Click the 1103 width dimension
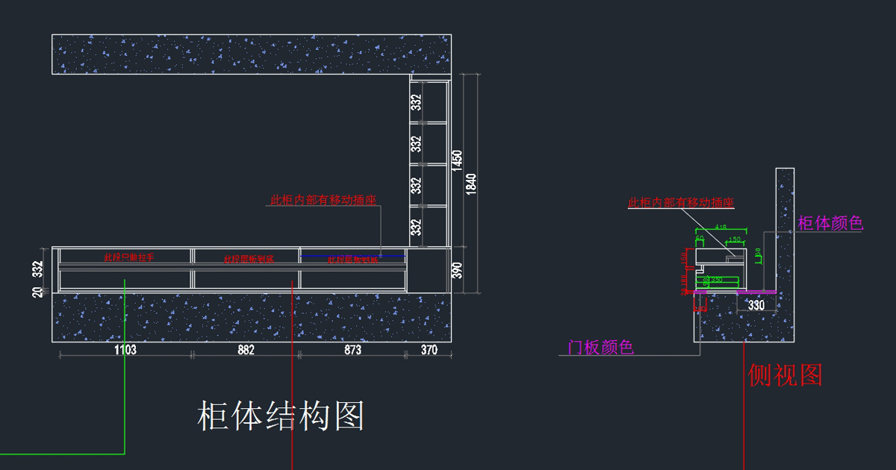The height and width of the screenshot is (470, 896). click(x=125, y=350)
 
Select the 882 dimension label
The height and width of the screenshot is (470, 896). click(x=246, y=350)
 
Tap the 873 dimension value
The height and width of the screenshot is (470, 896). click(x=352, y=350)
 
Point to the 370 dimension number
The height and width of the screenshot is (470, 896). click(x=429, y=350)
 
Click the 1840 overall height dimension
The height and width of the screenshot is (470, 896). click(x=471, y=184)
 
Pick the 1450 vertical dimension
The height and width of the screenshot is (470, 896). click(x=457, y=160)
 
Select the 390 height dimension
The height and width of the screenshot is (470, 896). click(x=456, y=270)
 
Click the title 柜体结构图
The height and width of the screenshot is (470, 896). click(x=281, y=416)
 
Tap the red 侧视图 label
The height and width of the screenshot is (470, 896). click(x=785, y=375)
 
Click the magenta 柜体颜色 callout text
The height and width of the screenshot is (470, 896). click(x=830, y=223)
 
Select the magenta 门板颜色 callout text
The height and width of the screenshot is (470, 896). click(x=600, y=348)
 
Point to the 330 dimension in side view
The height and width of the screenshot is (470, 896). click(x=756, y=305)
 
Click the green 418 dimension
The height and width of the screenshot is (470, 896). click(x=721, y=226)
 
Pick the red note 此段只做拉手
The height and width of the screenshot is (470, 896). click(x=129, y=257)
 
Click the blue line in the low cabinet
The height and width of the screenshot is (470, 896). click(x=352, y=256)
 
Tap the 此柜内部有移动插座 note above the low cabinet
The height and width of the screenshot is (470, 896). click(x=323, y=200)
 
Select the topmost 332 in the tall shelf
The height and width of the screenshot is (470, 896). click(x=417, y=102)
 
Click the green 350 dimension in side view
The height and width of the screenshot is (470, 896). click(x=717, y=280)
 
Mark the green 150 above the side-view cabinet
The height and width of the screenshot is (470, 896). click(x=735, y=239)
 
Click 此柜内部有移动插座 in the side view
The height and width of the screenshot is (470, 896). click(x=681, y=202)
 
